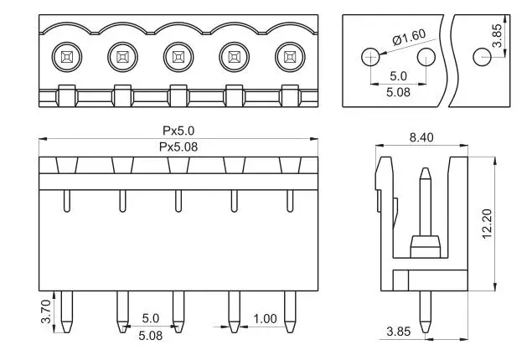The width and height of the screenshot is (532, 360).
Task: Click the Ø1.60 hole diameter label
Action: [x=409, y=38]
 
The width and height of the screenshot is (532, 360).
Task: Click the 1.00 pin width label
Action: [x=265, y=319]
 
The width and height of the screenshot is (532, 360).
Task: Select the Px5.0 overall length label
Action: [x=178, y=131]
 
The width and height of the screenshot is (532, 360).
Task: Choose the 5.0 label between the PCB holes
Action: [x=399, y=76]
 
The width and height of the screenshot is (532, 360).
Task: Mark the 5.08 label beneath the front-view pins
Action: [x=151, y=335]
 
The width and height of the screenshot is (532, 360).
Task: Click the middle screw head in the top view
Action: [x=178, y=58]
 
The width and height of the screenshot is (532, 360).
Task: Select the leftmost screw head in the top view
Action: [x=65, y=58]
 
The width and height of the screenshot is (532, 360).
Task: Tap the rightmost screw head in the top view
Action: [x=290, y=58]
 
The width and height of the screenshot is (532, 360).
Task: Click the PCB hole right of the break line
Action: [x=482, y=57]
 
